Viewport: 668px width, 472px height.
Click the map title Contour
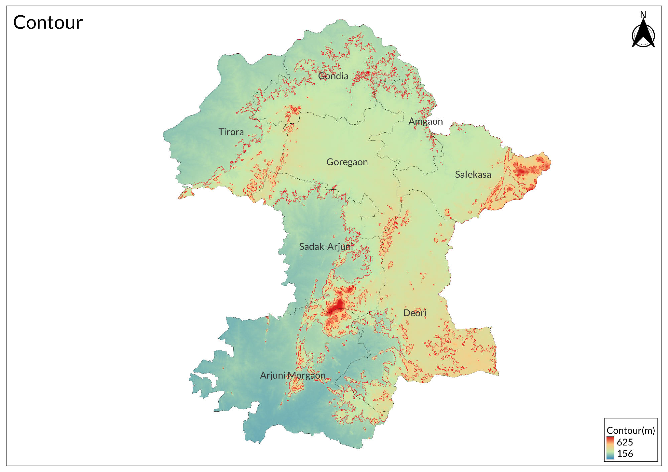pos(48,23)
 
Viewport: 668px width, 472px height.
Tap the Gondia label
pos(333,76)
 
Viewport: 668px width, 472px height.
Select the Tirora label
pos(231,132)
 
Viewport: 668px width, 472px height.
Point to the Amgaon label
pos(425,121)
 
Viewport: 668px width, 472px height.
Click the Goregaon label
pos(347,162)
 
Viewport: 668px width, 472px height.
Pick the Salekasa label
pos(473,174)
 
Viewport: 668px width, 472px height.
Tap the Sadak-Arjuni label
pos(326,247)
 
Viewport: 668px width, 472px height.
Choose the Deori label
pos(414,313)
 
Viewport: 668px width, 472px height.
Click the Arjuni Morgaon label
pos(292,375)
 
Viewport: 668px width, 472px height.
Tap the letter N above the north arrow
pos(643,15)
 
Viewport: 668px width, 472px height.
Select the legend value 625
pos(624,442)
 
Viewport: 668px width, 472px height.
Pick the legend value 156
pos(624,454)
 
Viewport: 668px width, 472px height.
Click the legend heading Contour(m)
pos(630,430)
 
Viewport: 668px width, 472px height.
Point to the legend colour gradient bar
pos(610,448)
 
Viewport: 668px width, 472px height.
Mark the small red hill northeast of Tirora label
pos(294,109)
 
